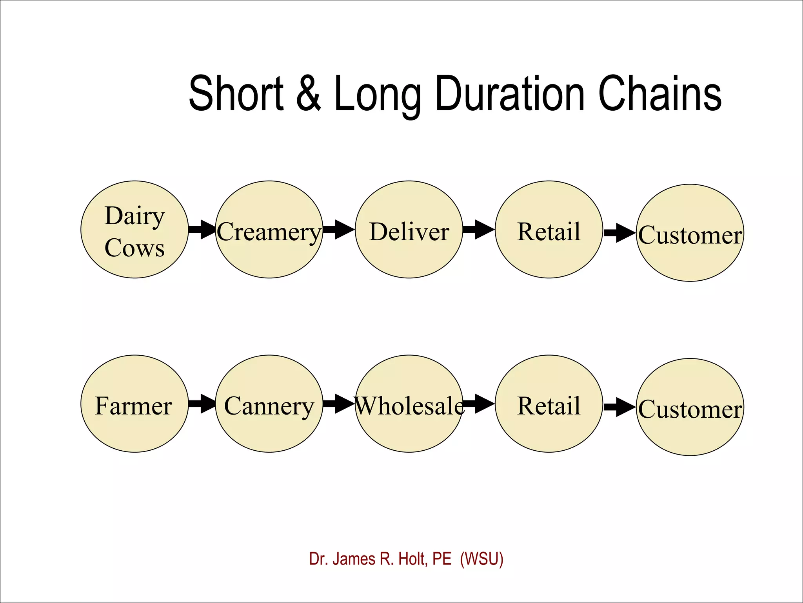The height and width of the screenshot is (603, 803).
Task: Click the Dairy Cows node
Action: tap(134, 230)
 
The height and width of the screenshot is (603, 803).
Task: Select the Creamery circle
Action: tap(269, 230)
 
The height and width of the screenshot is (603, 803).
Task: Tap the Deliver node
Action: tap(409, 230)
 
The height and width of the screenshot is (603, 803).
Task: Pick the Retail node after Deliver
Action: tap(549, 230)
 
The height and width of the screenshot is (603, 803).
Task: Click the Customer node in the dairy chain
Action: tap(690, 233)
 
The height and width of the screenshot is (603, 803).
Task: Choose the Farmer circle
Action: tap(134, 404)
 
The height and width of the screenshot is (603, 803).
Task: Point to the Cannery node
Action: tap(269, 404)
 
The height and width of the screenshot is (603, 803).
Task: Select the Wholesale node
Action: tap(409, 404)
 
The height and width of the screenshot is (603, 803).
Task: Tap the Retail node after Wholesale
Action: tap(549, 404)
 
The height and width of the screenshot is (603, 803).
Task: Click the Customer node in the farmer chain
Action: tap(690, 407)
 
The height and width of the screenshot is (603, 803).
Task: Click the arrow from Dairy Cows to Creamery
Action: tap(202, 229)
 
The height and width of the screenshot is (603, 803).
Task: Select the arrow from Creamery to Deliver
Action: tap(338, 229)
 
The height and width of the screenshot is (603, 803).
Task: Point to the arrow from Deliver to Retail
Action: tap(478, 229)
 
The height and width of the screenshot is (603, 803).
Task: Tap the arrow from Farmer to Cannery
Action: tap(202, 404)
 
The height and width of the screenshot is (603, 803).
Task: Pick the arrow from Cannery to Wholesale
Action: tap(338, 404)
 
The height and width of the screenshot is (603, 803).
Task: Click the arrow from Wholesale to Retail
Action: tap(479, 404)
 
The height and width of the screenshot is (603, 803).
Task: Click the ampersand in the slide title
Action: tap(309, 93)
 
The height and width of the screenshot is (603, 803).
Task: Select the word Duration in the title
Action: tap(510, 93)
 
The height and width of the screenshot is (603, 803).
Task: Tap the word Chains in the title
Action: tap(659, 93)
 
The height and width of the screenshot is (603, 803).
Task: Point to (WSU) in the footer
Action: tap(481, 559)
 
